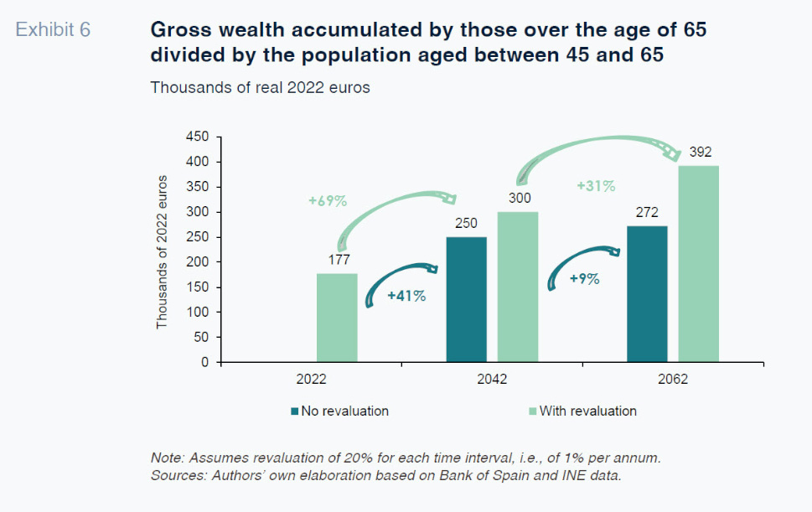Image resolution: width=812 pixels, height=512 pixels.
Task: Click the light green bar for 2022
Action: (x=337, y=318)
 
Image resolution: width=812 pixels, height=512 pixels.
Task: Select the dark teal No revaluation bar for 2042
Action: (x=467, y=299)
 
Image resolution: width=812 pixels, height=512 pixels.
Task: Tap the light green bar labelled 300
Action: (x=518, y=287)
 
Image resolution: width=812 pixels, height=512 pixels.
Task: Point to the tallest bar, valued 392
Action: (x=699, y=264)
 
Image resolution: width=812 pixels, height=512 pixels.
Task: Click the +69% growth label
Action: (x=327, y=201)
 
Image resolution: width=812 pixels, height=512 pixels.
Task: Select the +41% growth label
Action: (x=406, y=296)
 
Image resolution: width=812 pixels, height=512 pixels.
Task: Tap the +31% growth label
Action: (x=596, y=185)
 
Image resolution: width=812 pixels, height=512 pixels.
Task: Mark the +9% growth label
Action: (x=584, y=279)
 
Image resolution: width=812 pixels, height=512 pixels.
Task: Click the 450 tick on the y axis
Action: (x=197, y=136)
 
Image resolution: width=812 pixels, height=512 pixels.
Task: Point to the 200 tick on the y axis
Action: (x=197, y=261)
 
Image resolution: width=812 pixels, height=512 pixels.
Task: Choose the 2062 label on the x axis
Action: (x=673, y=379)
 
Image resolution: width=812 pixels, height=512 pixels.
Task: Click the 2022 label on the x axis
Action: (x=312, y=379)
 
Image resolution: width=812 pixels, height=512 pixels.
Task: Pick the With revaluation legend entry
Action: (x=587, y=411)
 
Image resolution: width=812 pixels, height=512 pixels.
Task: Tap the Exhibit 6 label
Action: (x=54, y=30)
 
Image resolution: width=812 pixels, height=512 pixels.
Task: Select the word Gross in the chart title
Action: (x=177, y=30)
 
